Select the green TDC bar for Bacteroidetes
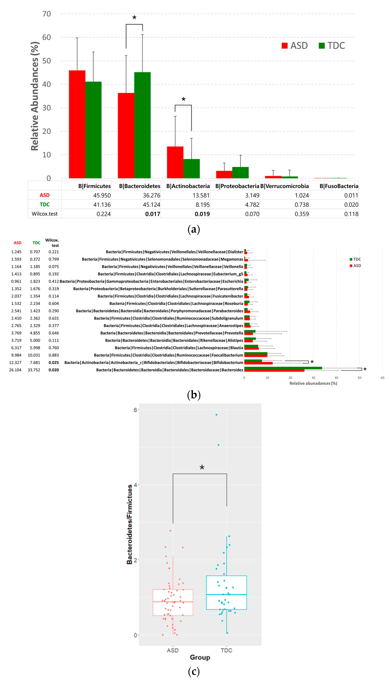tap(142, 125)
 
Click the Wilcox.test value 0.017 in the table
tap(153, 214)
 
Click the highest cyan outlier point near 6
tap(216, 415)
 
